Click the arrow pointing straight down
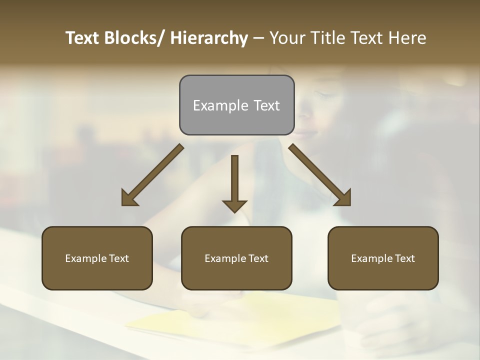click(234, 182)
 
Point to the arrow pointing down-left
click(152, 175)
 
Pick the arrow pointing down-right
click(320, 175)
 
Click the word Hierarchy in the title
click(209, 38)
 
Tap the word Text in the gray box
click(266, 105)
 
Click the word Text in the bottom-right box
click(404, 258)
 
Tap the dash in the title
click(258, 38)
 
